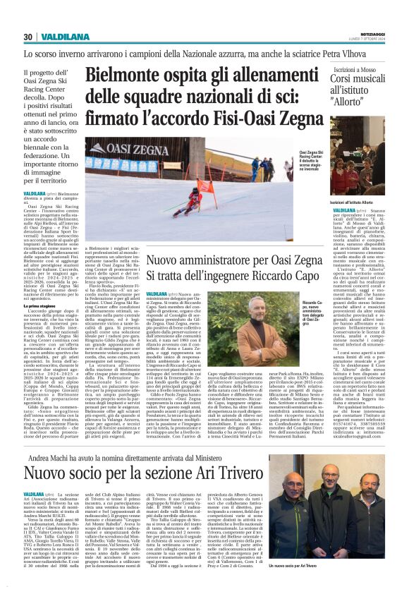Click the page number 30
pos(28,37)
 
